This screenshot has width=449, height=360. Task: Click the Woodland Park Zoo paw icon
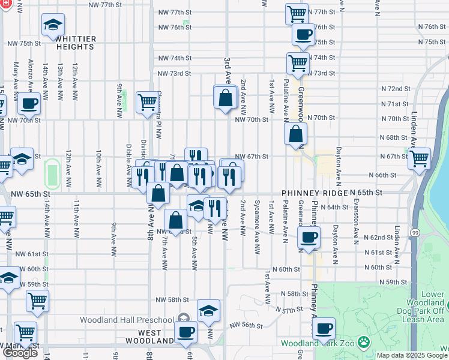point(363,343)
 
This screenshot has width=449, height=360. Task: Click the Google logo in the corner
point(20,353)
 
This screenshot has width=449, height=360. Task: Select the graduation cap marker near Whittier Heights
point(53,26)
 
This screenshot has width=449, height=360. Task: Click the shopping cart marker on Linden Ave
point(418,159)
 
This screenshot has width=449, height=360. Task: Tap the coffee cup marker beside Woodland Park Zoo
point(324,328)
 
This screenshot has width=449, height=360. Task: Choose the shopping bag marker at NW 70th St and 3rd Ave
point(225,97)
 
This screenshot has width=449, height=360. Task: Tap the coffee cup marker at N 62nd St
point(309,238)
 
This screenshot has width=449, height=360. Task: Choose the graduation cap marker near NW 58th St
point(208,310)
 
